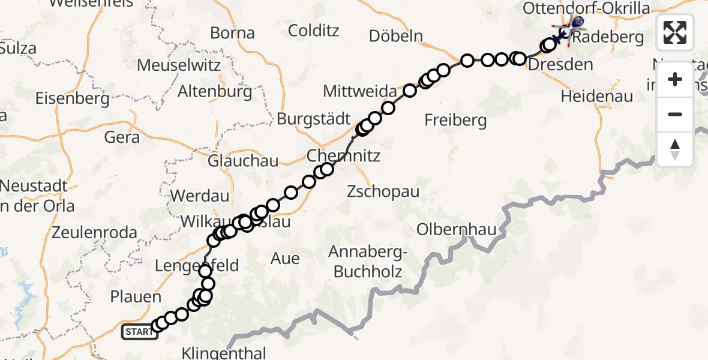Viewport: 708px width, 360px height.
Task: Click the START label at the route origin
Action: click(139, 331)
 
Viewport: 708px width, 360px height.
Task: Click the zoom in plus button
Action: click(675, 79)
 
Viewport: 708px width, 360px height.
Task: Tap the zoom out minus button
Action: click(675, 114)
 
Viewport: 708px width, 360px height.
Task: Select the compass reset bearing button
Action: click(675, 149)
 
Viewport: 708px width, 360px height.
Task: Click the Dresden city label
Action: click(562, 65)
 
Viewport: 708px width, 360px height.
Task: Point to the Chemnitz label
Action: click(343, 156)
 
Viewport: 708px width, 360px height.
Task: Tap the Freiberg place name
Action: click(455, 120)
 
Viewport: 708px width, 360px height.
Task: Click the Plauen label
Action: click(136, 297)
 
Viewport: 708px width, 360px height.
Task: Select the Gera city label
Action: click(122, 137)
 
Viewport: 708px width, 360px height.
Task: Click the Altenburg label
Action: click(215, 92)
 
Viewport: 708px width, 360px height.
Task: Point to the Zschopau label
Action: click(383, 192)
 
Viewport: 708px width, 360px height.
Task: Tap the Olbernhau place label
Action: click(446, 229)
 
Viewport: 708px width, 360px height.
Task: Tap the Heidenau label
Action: click(597, 95)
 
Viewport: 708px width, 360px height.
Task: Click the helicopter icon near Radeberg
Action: click(575, 23)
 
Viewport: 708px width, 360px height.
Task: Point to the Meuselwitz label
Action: click(179, 64)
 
